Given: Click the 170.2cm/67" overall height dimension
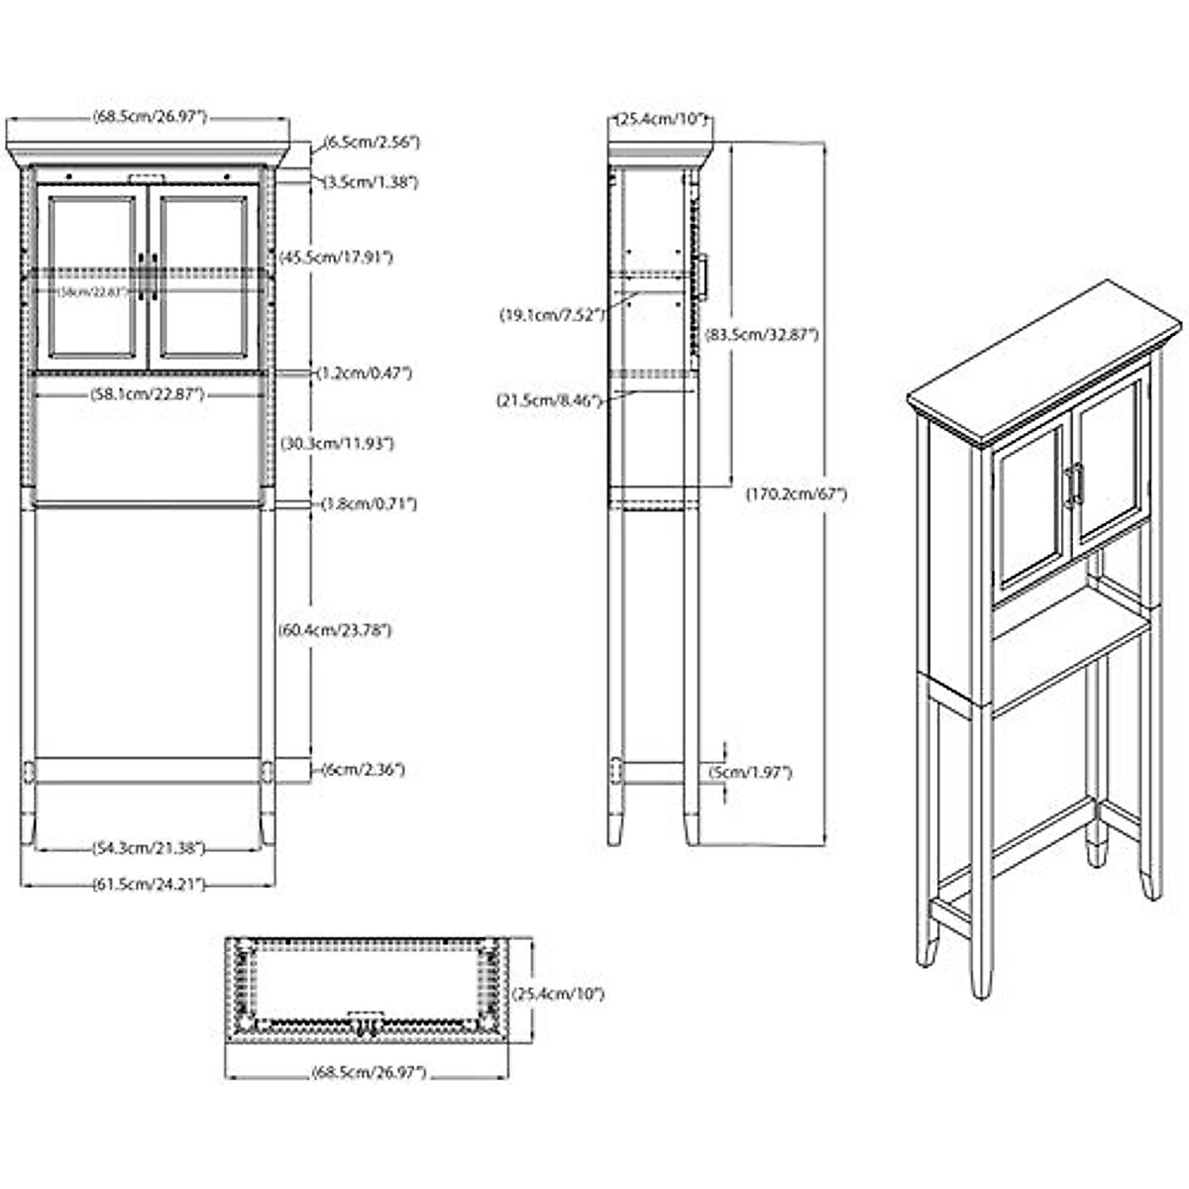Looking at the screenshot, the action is (796, 492).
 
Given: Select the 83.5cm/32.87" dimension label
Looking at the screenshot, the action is (761, 335).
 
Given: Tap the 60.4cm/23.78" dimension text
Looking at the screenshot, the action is (334, 629).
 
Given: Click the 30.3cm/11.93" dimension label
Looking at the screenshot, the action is (335, 444).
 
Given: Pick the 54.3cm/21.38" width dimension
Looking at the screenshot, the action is (149, 848).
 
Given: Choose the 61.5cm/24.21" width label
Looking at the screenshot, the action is (149, 884).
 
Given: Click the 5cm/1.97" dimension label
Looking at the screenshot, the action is (750, 772).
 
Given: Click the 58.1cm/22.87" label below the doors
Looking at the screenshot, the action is (149, 394).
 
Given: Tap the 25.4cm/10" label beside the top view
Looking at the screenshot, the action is (558, 993).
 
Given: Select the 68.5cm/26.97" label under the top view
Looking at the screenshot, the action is (368, 1072).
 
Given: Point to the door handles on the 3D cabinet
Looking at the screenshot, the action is (1073, 486).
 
